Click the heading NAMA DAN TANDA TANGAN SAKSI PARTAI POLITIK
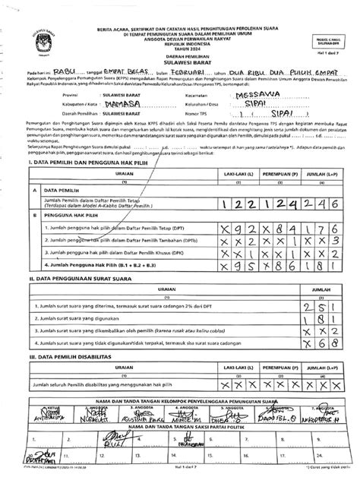180,428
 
